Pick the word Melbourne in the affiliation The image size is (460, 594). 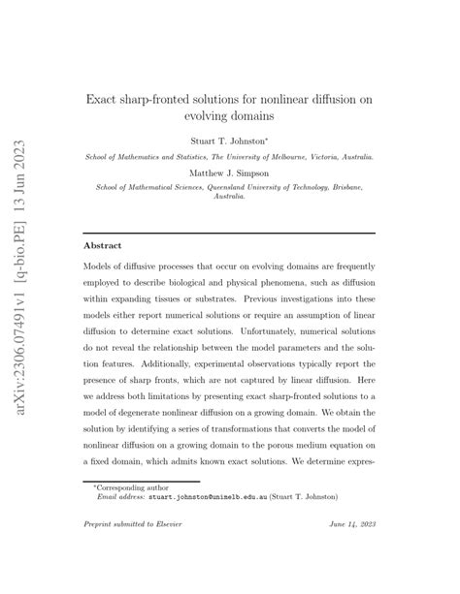(275, 155)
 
